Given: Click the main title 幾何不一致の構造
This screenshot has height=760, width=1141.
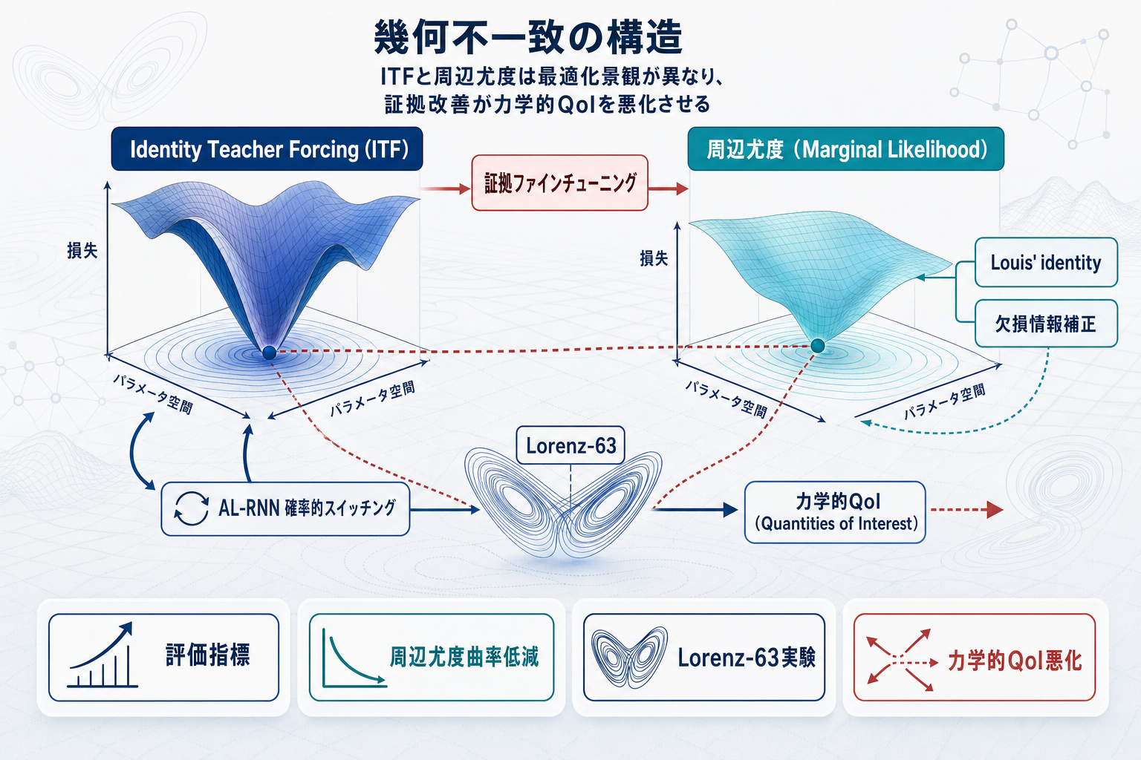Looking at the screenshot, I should click(x=527, y=37).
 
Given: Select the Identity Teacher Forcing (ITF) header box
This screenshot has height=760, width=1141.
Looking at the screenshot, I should click(x=267, y=149).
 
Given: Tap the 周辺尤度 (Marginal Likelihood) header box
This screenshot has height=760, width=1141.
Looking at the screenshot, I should click(x=845, y=149).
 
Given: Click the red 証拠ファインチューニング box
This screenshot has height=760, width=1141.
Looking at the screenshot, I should click(x=560, y=183).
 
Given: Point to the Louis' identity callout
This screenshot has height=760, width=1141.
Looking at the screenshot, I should click(x=1045, y=263).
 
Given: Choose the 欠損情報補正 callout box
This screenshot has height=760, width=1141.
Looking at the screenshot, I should click(x=1045, y=324).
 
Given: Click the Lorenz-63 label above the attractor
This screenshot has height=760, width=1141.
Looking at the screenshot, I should click(x=570, y=445).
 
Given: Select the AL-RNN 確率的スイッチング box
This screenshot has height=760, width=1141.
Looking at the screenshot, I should click(x=286, y=508).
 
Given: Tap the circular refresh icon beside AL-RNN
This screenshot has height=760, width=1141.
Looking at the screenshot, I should click(x=191, y=508).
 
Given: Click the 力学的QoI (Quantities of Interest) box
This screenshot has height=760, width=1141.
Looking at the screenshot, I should click(x=835, y=512).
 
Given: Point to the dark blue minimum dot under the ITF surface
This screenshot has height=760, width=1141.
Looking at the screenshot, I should click(x=269, y=353).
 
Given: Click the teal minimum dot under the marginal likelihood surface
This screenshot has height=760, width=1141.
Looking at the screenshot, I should click(x=818, y=346).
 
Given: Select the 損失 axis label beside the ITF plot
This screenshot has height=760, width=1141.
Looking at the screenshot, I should click(x=82, y=251).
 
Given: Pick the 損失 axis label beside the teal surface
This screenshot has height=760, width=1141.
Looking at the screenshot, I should click(x=654, y=258).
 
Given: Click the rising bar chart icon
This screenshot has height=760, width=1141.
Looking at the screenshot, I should click(x=103, y=657).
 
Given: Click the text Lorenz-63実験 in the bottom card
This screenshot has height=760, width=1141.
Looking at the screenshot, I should click(x=746, y=658).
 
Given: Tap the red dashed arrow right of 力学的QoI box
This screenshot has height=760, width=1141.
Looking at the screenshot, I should click(x=966, y=510).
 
